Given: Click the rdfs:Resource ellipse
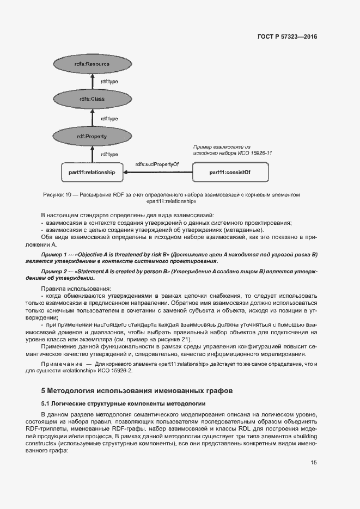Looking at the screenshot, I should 91,64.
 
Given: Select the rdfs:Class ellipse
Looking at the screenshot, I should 91,99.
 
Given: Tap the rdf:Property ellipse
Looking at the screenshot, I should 91,136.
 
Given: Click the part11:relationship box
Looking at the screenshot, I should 91,173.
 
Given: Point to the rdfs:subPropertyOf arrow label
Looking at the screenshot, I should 157,163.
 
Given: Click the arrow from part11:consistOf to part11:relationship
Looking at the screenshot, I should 158,173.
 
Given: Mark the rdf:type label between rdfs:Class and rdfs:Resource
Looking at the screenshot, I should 109,82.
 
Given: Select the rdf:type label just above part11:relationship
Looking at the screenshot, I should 109,155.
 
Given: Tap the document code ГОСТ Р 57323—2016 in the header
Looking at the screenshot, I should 286,37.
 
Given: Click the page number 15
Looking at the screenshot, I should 314,463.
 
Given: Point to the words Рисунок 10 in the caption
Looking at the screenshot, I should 57,194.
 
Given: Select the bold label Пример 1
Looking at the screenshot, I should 56,255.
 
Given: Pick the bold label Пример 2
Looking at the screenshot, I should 56,271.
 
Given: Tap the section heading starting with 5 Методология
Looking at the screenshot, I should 137,390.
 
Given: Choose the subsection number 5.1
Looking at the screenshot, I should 46,403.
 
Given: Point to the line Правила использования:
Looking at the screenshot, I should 76,288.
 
